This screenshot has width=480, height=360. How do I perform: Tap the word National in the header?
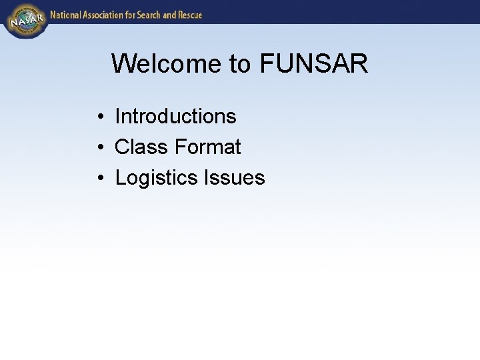pyautogui.click(x=65, y=15)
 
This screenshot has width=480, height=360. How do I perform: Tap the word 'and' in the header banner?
pyautogui.click(x=168, y=15)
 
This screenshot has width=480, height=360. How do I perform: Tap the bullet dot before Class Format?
pyautogui.click(x=99, y=148)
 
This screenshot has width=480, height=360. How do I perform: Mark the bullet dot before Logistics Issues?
pyautogui.click(x=99, y=179)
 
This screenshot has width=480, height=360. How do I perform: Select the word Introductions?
pyautogui.click(x=175, y=116)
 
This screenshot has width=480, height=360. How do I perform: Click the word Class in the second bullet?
pyautogui.click(x=141, y=147)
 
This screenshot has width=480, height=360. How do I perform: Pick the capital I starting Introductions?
pyautogui.click(x=117, y=116)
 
